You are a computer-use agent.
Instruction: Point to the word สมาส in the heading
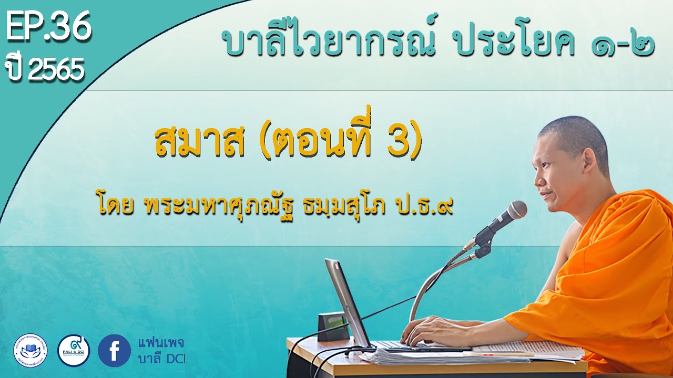point(200,142)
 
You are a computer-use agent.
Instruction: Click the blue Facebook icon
point(114,350)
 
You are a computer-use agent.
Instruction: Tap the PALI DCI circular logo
point(73,350)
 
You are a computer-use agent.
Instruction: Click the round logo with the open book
point(30,350)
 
